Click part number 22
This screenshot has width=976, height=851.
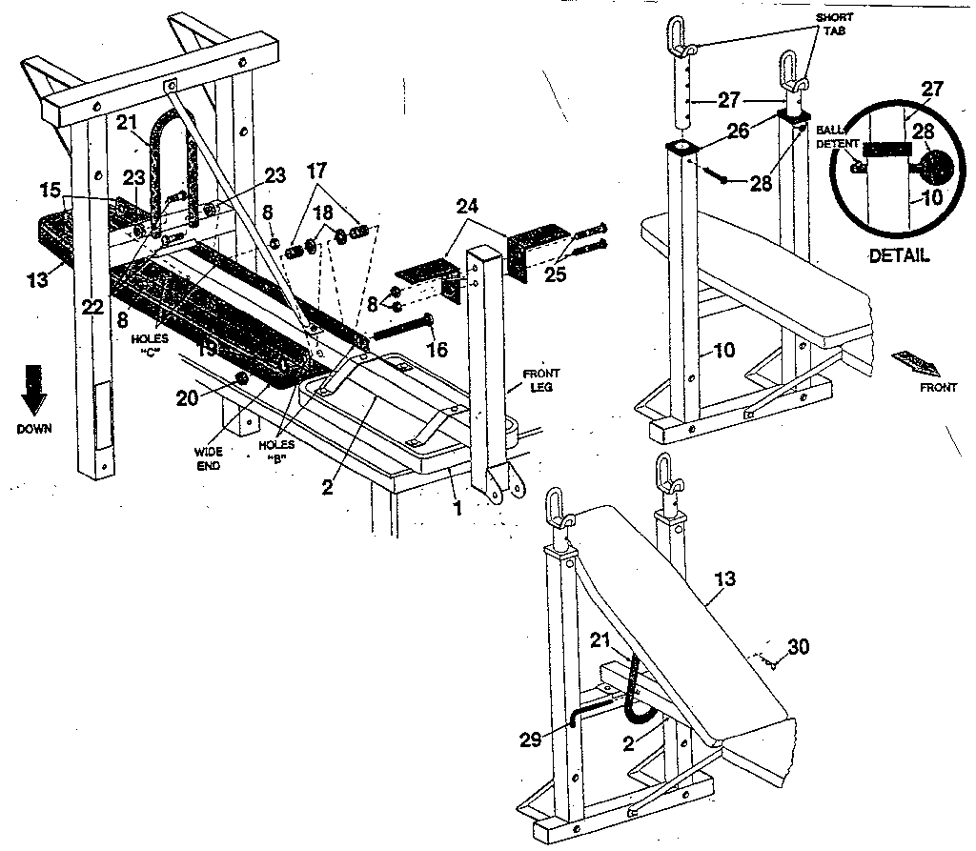pos(91,306)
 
